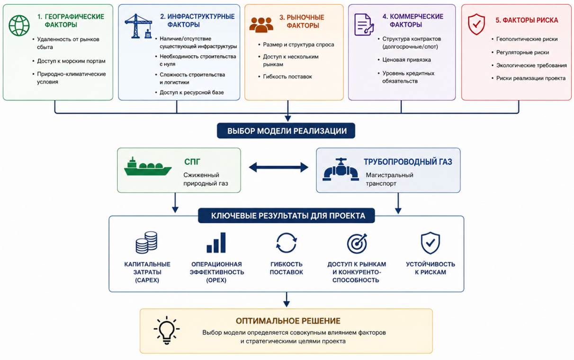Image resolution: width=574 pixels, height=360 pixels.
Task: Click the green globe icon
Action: (19, 26)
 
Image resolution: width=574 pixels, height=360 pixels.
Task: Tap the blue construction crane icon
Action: (138, 26)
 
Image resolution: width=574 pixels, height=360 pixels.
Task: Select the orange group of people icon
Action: (261, 25)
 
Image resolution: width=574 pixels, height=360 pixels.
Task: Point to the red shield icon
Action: (476, 24)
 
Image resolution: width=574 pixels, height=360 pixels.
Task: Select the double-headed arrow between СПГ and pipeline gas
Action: (278, 167)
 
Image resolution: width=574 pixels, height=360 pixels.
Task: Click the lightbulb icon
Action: (167, 330)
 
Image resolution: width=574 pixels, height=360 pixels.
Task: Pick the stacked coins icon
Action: (146, 243)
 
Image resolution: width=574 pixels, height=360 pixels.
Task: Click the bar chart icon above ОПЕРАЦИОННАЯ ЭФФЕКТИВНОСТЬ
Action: (216, 243)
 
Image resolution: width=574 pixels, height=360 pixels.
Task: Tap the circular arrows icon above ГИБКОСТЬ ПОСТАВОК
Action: (287, 243)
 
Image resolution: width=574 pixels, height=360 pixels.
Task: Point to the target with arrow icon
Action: (357, 243)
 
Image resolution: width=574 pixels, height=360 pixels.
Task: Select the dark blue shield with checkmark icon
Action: (430, 243)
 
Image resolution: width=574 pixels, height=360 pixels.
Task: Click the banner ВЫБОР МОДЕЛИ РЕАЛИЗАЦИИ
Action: (286, 131)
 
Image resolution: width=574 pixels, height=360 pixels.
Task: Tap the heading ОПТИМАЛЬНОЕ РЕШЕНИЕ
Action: (288, 321)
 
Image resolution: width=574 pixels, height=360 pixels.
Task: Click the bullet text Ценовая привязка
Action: (406, 60)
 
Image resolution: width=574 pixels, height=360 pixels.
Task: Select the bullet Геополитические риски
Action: (527, 39)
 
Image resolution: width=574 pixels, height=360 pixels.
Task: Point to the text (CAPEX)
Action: (147, 280)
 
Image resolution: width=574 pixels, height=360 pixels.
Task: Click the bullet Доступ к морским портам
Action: (71, 61)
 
